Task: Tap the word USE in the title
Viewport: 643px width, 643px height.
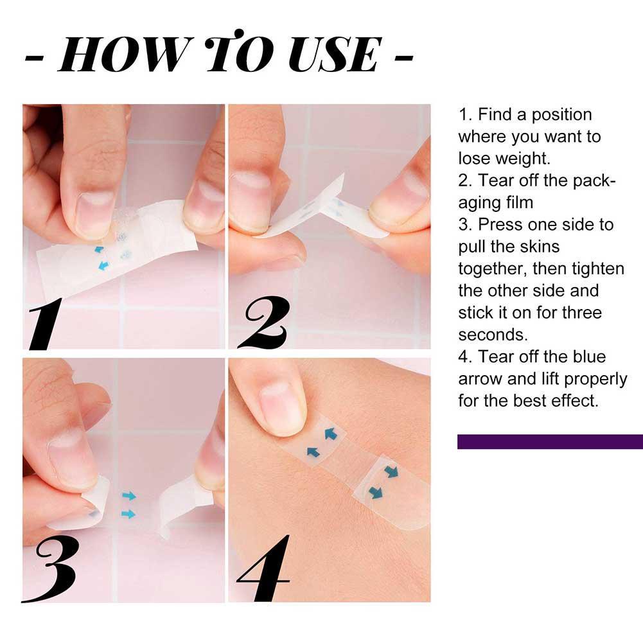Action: coord(335,54)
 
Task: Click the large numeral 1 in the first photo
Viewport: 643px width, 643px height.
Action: coord(44,323)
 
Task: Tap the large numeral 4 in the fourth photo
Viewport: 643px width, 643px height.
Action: coord(263,568)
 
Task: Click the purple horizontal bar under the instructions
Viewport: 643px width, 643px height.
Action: coord(550,442)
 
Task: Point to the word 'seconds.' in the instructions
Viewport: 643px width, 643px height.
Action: coord(493,335)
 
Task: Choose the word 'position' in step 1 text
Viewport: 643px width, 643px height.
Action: coord(562,116)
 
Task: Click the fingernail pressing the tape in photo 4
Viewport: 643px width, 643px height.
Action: coord(282,408)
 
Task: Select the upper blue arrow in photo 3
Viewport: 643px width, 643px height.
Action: coord(128,496)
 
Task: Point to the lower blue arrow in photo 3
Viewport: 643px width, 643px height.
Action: coord(128,514)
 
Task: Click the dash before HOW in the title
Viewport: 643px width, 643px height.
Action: coord(35,58)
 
